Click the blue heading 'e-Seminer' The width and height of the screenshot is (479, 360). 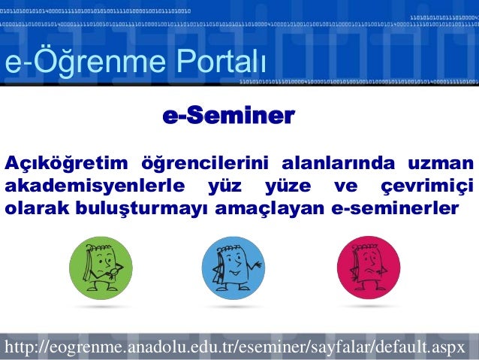(x=228, y=116)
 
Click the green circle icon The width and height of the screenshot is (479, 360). (x=101, y=268)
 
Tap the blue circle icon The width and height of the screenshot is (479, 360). (x=233, y=268)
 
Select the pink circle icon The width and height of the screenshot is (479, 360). (x=368, y=268)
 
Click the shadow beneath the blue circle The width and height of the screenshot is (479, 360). (x=233, y=307)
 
